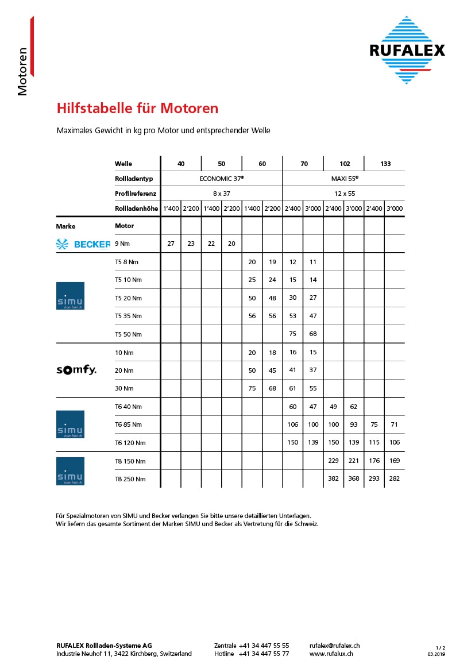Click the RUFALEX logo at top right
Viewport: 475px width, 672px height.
pyautogui.click(x=407, y=50)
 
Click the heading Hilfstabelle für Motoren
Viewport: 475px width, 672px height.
pyautogui.click(x=137, y=108)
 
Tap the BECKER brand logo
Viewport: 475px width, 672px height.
pyautogui.click(x=83, y=244)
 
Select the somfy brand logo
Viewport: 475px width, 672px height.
pyautogui.click(x=76, y=370)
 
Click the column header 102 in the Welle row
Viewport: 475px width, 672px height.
pyautogui.click(x=345, y=164)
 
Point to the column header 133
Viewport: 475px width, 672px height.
pyautogui.click(x=385, y=164)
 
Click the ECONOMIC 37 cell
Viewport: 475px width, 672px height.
pyautogui.click(x=222, y=179)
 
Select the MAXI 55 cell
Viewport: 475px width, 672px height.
pyautogui.click(x=345, y=179)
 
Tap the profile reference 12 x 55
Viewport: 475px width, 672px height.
pyautogui.click(x=345, y=194)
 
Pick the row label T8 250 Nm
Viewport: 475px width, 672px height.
pyautogui.click(x=130, y=479)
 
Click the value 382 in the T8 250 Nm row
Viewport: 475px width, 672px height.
pyautogui.click(x=333, y=478)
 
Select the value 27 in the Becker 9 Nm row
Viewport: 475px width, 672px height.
pyautogui.click(x=171, y=244)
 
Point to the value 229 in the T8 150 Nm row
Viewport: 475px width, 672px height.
pyautogui.click(x=333, y=461)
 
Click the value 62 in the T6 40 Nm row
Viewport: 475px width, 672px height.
pyautogui.click(x=354, y=407)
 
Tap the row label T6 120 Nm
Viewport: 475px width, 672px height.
pyautogui.click(x=130, y=443)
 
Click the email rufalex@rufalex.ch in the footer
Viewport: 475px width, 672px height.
pyautogui.click(x=334, y=646)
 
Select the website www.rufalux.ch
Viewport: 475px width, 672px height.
pyautogui.click(x=331, y=654)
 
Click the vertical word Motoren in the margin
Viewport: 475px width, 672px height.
pyautogui.click(x=23, y=71)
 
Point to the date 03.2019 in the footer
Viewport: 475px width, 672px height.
pyautogui.click(x=436, y=654)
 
